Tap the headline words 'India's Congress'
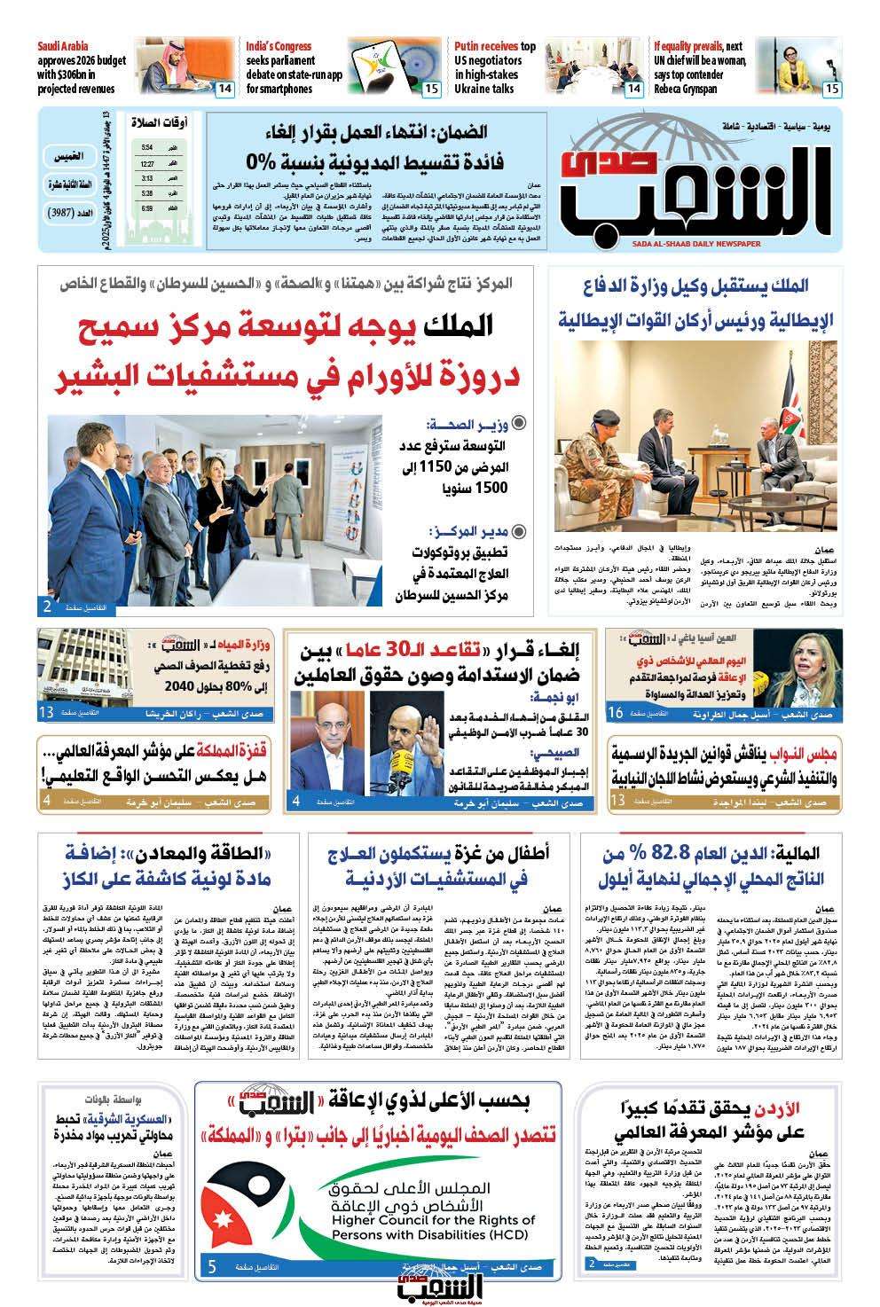(x=279, y=46)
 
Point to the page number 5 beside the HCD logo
(x=212, y=1268)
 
